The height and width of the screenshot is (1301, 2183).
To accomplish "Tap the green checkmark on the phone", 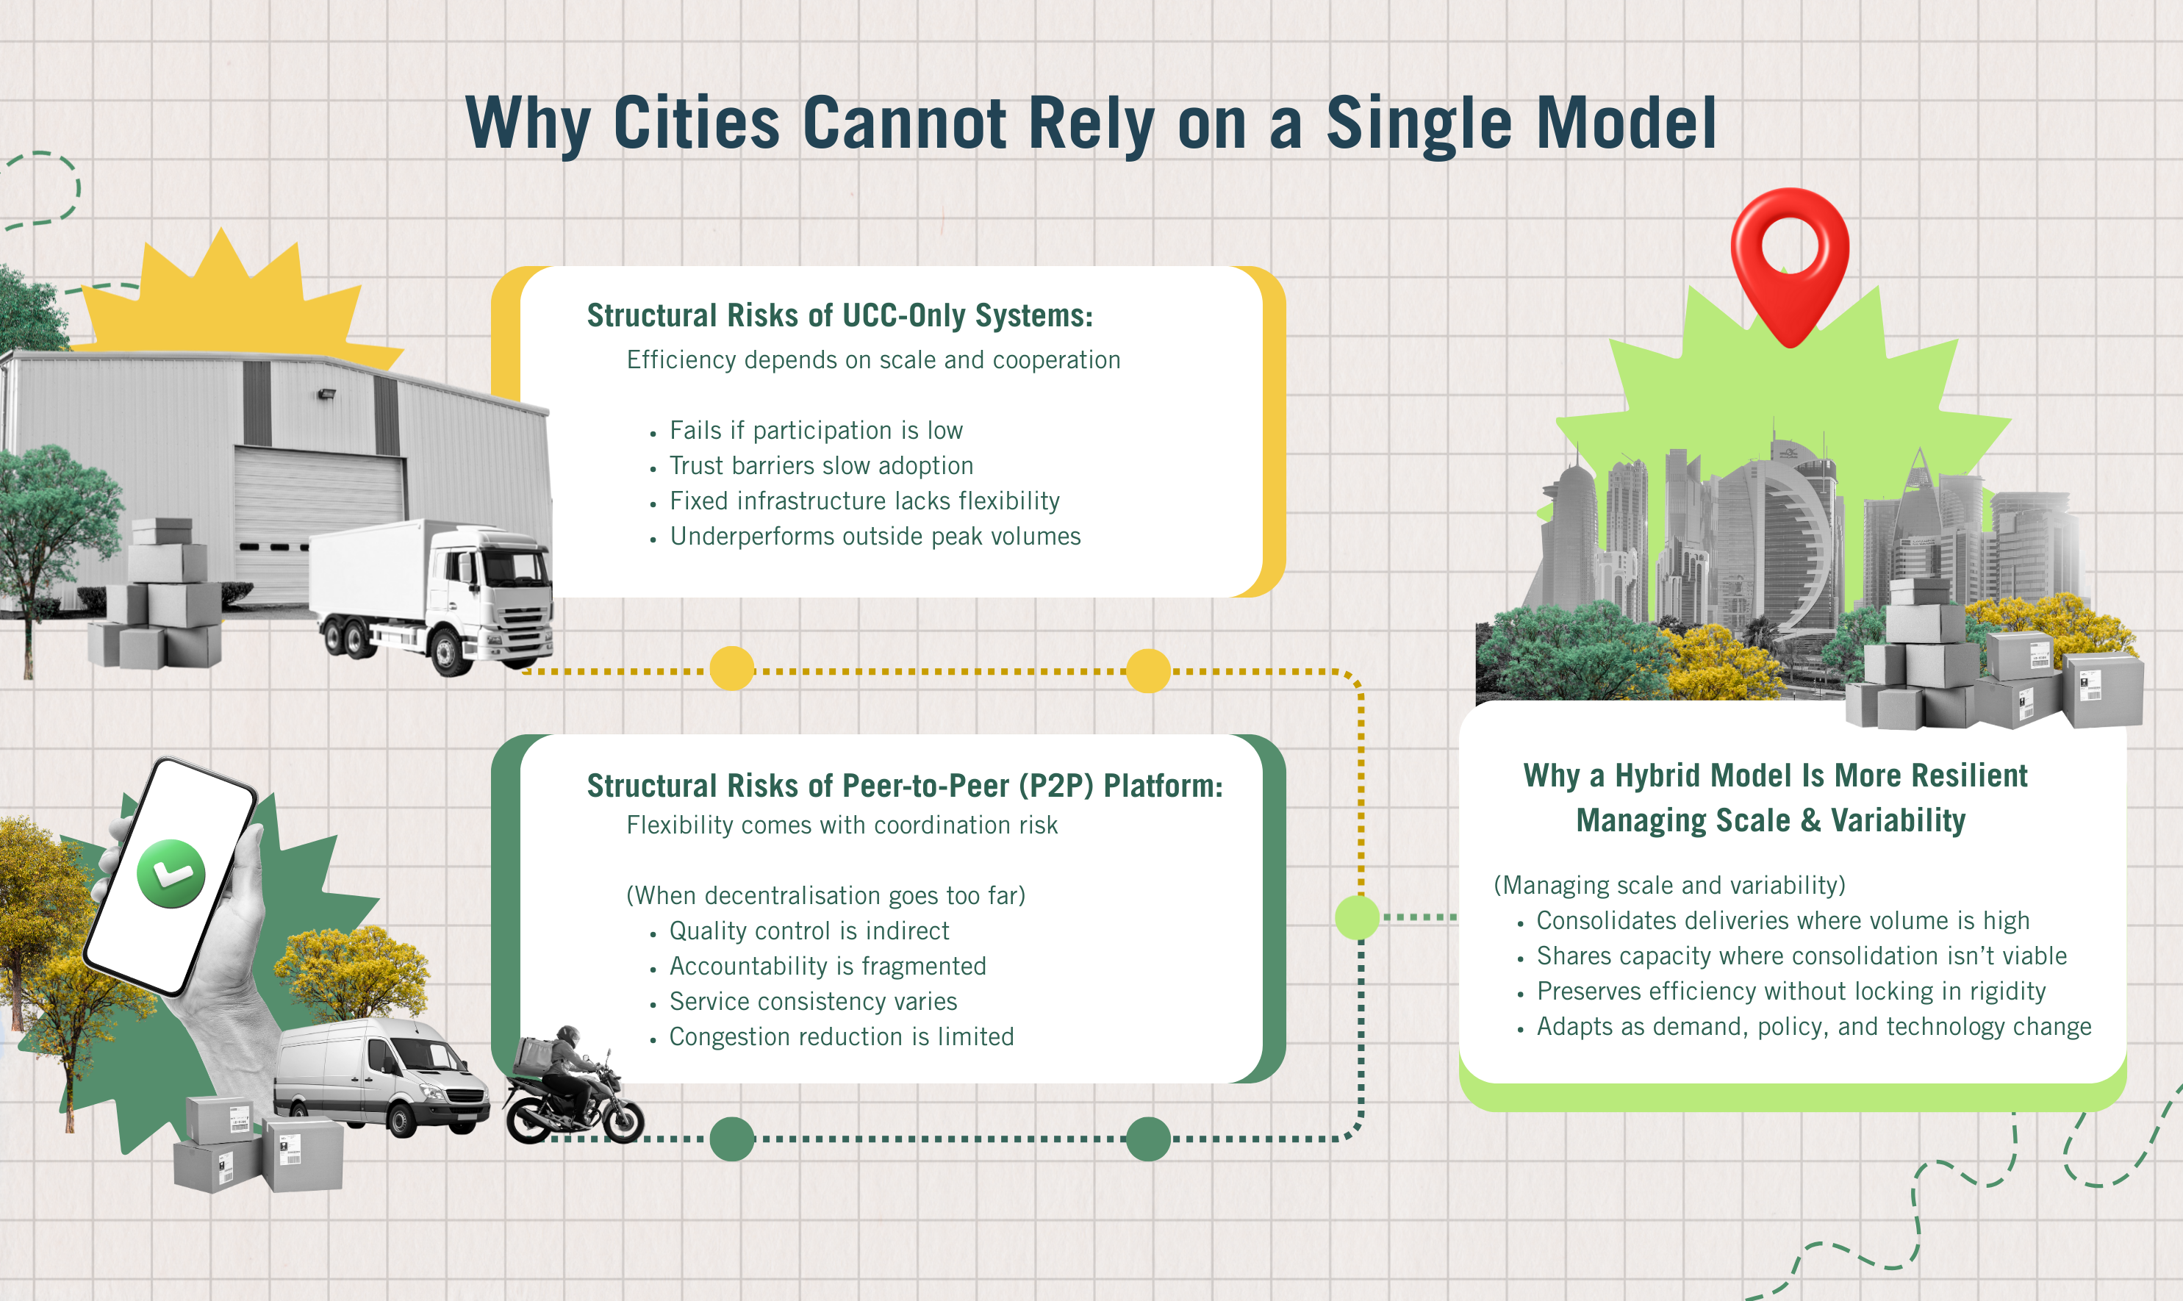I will [171, 873].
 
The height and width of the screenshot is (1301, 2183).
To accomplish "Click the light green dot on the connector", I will [1357, 917].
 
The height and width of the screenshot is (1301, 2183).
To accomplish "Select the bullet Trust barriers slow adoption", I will [822, 465].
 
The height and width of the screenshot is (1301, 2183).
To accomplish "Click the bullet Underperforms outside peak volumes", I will [875, 537].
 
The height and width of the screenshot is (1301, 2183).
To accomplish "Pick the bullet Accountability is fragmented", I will [828, 966].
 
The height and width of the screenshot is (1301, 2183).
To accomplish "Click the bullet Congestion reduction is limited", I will [842, 1037].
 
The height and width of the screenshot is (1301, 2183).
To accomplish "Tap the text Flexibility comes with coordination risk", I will [842, 825].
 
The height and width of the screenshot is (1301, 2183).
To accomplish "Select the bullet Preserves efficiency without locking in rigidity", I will [1791, 992].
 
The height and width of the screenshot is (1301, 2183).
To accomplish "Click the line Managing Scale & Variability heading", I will [1770, 820].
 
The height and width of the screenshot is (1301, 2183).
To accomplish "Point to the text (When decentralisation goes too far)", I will [825, 895].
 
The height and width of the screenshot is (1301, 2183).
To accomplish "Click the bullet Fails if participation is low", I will [816, 431].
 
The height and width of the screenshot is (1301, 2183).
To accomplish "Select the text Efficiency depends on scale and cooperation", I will [873, 360].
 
